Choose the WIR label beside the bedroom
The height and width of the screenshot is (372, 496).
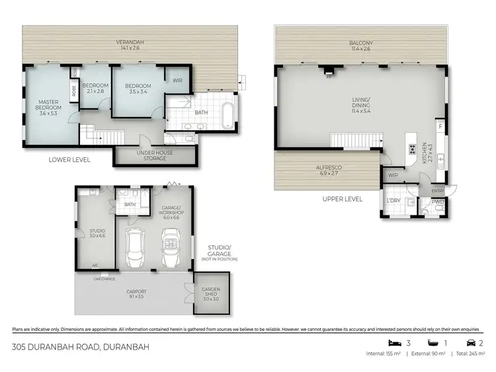point(177,81)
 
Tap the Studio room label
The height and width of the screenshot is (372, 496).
point(97,233)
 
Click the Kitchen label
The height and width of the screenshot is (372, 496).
point(431,156)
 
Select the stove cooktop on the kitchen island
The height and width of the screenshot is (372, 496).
point(412,148)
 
